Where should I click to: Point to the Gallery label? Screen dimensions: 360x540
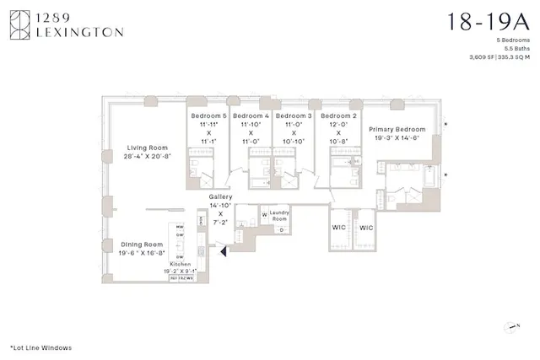click(220, 196)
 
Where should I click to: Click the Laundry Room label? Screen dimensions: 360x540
click(280, 215)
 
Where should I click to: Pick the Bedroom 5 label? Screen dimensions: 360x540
click(208, 116)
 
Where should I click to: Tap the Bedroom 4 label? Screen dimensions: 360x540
click(251, 116)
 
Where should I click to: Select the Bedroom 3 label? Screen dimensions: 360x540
click(294, 116)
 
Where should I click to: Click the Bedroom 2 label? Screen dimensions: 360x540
click(339, 116)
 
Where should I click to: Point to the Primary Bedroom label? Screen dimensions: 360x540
click(397, 130)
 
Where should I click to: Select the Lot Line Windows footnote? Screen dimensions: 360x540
click(40, 347)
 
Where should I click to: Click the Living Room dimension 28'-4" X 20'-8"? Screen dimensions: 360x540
click(146, 157)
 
